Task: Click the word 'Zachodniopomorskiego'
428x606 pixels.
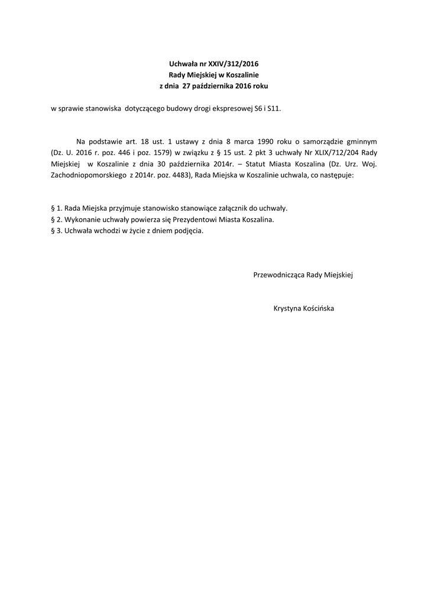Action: [85, 176]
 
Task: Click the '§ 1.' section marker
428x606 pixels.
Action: [57, 209]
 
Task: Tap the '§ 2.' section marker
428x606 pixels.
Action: [57, 220]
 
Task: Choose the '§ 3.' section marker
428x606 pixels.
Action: [57, 231]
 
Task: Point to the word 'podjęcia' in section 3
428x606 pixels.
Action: [189, 231]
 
